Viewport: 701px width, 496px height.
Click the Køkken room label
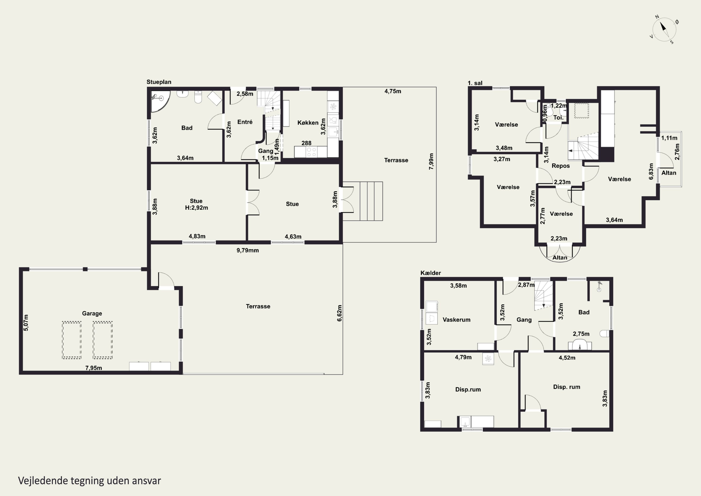pyautogui.click(x=308, y=123)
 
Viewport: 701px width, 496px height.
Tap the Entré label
pyautogui.click(x=245, y=122)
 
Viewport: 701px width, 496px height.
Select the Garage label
pyautogui.click(x=92, y=314)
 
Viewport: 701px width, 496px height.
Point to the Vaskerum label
pyautogui.click(x=456, y=320)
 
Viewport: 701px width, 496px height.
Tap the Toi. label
pyautogui.click(x=558, y=118)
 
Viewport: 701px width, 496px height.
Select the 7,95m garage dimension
pyautogui.click(x=94, y=368)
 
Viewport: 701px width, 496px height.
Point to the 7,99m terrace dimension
pyautogui.click(x=431, y=162)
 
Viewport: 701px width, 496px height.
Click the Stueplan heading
pyautogui.click(x=159, y=82)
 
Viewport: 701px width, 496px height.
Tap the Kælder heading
pyautogui.click(x=430, y=273)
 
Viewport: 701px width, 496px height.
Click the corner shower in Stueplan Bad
pyautogui.click(x=160, y=101)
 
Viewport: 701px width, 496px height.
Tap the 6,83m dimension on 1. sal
pyautogui.click(x=651, y=171)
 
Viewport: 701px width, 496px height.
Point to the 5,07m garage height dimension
pyautogui.click(x=26, y=323)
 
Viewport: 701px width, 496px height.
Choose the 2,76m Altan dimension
pyautogui.click(x=677, y=152)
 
